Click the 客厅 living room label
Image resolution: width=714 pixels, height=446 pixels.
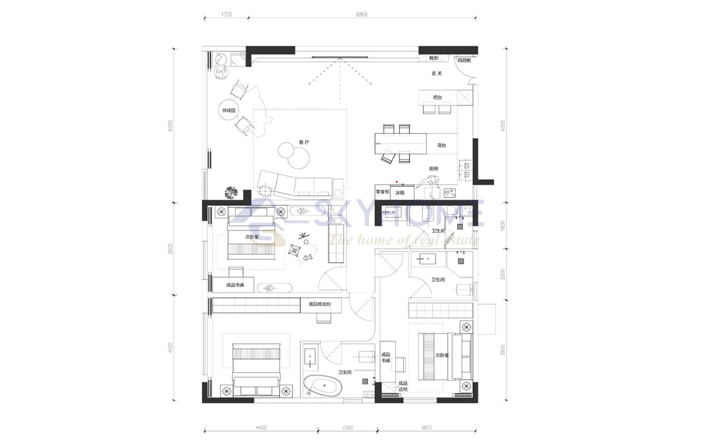coord(303,143)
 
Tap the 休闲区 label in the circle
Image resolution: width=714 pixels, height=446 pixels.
coord(229,111)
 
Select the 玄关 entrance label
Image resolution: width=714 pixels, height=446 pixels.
coord(437,73)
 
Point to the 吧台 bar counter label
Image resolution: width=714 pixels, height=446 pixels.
coord(438,98)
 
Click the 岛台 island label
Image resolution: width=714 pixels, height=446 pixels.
coord(441,145)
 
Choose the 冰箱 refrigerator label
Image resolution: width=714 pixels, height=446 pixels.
coord(399,192)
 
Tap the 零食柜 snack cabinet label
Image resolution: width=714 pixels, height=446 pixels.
coord(382,192)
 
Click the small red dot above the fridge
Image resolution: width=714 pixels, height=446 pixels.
coord(397,182)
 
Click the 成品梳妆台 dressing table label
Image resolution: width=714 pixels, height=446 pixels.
coord(320,304)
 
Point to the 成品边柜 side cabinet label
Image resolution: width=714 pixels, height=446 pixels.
coord(402,386)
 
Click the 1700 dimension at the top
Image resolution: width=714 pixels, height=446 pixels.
coord(226,14)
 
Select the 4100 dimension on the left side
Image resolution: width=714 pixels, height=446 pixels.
coord(170,348)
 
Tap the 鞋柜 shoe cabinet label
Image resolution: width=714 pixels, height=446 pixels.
coord(433,58)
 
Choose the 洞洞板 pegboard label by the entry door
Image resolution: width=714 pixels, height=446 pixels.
coord(465,60)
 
